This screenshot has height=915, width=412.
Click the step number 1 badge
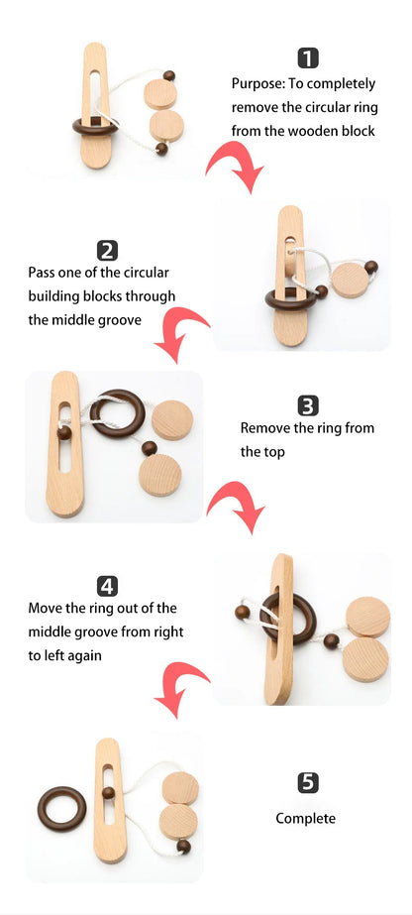[309, 58]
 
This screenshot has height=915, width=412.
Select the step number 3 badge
[308, 405]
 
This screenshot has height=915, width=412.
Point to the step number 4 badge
[108, 586]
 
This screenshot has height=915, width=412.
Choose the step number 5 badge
[308, 783]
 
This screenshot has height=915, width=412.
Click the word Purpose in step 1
[256, 83]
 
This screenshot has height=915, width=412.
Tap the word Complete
[305, 818]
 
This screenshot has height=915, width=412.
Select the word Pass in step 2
[44, 272]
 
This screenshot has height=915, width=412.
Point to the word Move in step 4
[47, 608]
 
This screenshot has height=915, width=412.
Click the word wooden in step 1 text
[322, 131]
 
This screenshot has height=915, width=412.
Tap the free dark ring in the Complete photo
[61, 809]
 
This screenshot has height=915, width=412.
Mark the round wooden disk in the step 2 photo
[347, 281]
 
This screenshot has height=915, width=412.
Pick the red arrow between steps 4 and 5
[183, 690]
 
